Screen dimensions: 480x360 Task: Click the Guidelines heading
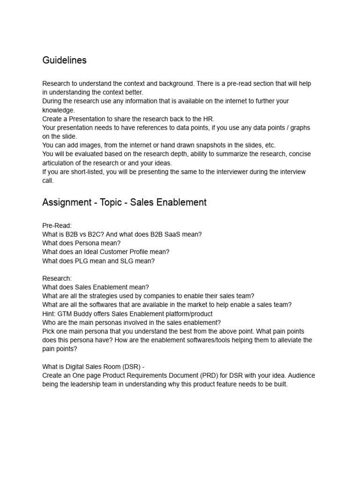click(x=64, y=60)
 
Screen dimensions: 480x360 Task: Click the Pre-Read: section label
click(x=57, y=225)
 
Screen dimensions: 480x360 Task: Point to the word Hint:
click(x=50, y=314)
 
